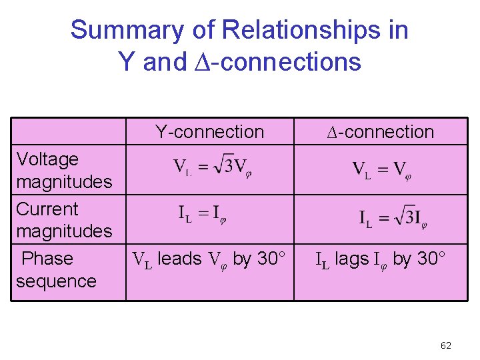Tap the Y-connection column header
(x=209, y=132)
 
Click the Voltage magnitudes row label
(x=64, y=170)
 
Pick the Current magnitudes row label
(x=64, y=220)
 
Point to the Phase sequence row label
(x=56, y=269)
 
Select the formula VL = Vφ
(x=381, y=169)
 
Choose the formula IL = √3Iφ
(x=393, y=218)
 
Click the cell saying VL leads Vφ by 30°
(x=209, y=259)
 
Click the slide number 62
(x=446, y=345)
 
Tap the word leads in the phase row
(x=180, y=259)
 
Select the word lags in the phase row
(x=351, y=259)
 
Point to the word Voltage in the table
(x=47, y=159)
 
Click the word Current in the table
(x=47, y=209)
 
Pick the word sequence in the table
(x=56, y=281)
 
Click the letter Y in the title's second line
(x=127, y=62)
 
